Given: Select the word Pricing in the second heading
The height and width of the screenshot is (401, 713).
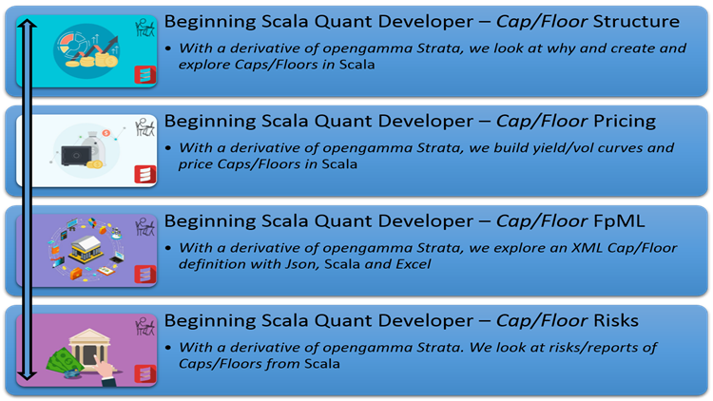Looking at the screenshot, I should point(612,121).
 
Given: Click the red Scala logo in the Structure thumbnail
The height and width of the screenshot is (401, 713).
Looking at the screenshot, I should point(145,74).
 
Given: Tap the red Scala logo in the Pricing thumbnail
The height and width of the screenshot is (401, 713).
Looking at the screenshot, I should point(145,174).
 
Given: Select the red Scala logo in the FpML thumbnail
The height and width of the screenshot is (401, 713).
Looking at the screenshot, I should point(145,274).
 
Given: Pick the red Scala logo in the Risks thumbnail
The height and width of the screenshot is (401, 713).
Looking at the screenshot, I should point(145,373).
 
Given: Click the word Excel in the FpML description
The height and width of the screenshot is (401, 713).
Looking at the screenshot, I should point(411,263).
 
